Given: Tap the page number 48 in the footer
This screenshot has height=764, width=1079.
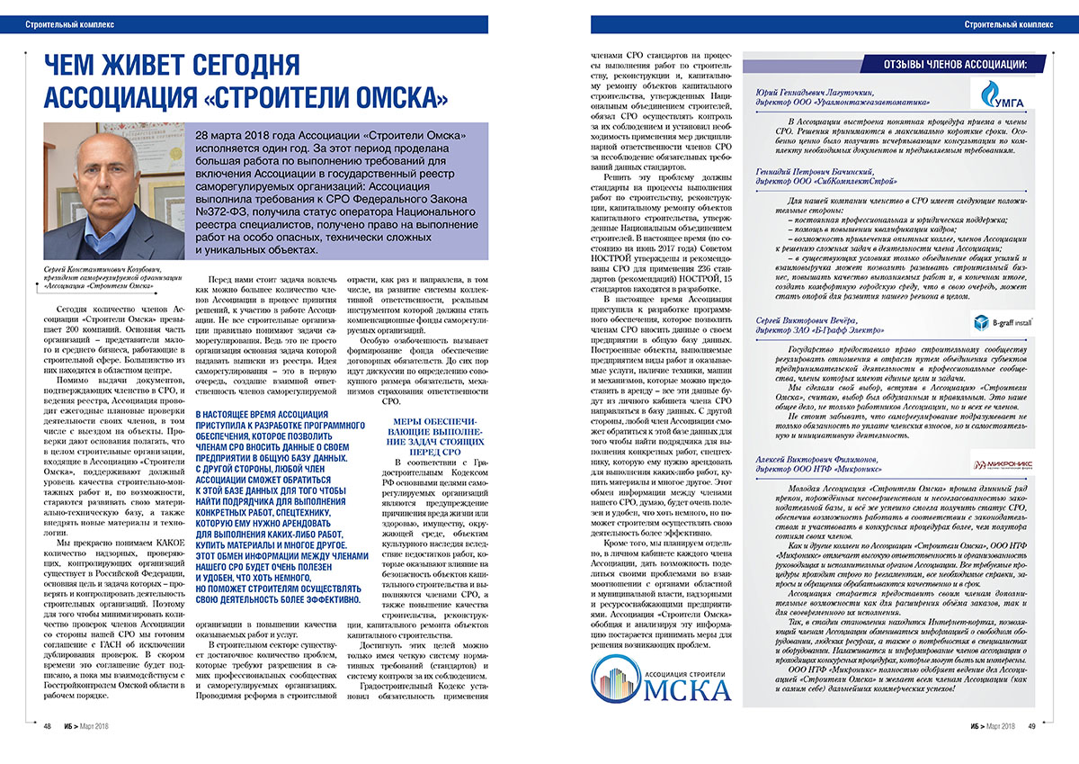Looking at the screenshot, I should click(x=46, y=726).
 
